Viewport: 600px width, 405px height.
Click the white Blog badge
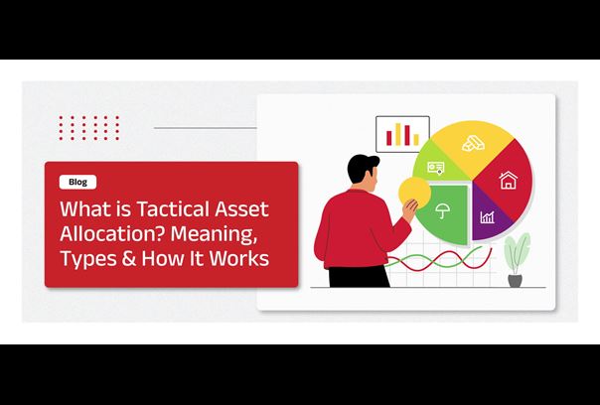[77, 182]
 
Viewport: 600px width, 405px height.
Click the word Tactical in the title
[174, 209]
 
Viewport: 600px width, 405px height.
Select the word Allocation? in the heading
[112, 233]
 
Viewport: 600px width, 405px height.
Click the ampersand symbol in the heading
[129, 258]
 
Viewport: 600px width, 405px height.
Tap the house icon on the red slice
[509, 180]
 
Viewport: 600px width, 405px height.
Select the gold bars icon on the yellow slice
[473, 143]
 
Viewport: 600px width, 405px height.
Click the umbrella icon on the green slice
[443, 210]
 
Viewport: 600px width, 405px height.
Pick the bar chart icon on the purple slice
[487, 217]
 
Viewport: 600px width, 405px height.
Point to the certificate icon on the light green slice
[436, 168]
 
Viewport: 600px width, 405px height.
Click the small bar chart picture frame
[402, 134]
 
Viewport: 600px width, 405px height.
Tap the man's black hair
[362, 167]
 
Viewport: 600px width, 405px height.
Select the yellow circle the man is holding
[414, 193]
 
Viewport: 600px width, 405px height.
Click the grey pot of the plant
[515, 280]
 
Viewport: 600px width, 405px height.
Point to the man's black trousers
[359, 276]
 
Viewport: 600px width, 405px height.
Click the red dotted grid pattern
[89, 128]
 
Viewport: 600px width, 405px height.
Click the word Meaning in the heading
[214, 233]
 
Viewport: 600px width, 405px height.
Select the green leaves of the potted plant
[517, 253]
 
